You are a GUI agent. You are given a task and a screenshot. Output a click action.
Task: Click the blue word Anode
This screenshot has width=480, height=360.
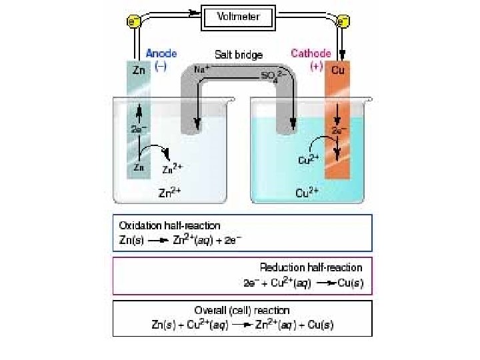tap(162, 54)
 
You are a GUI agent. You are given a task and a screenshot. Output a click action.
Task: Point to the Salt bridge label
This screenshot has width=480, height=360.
tap(238, 55)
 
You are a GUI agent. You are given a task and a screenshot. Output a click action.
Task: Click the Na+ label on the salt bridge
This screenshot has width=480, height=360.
tap(201, 69)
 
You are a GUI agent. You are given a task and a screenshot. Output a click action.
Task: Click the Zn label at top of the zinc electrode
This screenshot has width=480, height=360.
tap(139, 70)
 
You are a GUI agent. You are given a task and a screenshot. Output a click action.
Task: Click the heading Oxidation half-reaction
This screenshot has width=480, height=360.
tap(169, 225)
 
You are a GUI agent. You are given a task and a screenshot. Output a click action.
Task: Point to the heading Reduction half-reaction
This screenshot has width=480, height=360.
tap(311, 267)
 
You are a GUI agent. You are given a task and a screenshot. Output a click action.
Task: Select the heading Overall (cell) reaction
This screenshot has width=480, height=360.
tap(242, 310)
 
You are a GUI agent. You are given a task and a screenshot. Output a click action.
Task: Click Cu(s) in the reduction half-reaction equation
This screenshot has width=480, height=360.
tap(349, 283)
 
